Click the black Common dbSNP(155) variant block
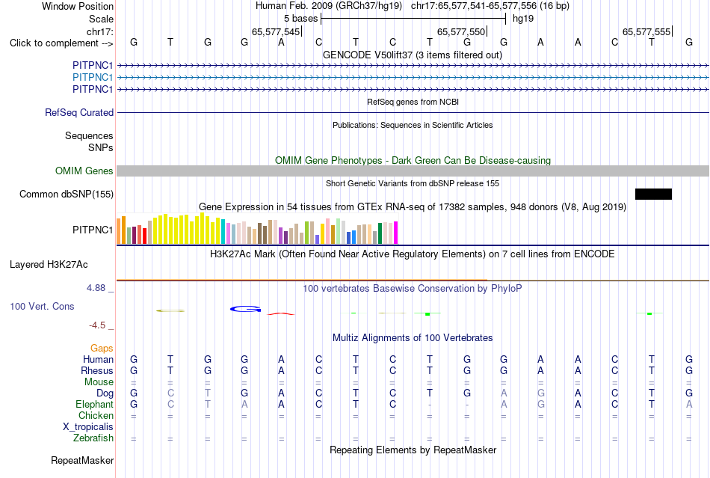[653, 194]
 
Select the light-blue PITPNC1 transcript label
[93, 78]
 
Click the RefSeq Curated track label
[79, 112]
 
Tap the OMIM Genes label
[84, 171]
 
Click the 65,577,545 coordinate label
[276, 31]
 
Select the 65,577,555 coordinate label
[646, 31]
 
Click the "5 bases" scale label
[300, 19]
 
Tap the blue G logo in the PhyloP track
[245, 309]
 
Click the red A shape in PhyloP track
[281, 313]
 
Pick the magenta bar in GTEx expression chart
[396, 233]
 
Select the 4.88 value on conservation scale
[96, 288]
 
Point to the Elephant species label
[94, 404]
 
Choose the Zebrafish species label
[93, 438]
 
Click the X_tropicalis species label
[88, 427]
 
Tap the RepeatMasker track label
[82, 460]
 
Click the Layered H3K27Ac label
[49, 265]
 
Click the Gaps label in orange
[102, 348]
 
